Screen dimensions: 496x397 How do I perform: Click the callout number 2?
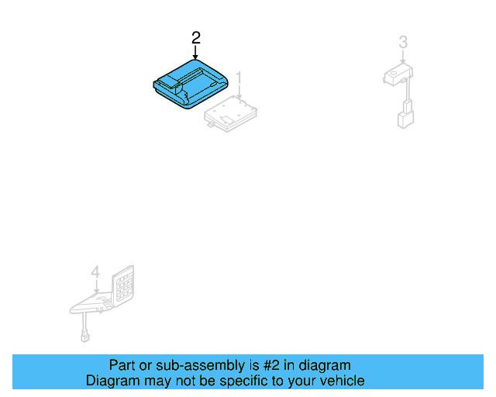coord(196,37)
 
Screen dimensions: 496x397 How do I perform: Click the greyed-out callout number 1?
coord(239,78)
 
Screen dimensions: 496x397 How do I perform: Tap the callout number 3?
coord(403,42)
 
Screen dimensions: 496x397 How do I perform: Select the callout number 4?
coord(95,272)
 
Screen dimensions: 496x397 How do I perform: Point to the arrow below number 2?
coord(196,54)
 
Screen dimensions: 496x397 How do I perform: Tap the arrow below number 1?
coord(239,95)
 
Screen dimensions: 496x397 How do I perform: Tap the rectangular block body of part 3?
coord(398,74)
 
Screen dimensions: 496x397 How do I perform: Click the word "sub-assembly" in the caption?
coord(187,365)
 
